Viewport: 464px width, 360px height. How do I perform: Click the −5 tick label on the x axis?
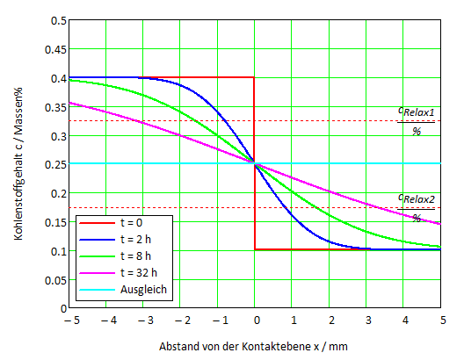[69, 321]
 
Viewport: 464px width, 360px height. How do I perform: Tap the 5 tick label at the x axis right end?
[441, 321]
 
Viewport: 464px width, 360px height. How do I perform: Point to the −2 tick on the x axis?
[179, 321]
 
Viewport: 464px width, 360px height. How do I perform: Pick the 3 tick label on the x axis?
[367, 321]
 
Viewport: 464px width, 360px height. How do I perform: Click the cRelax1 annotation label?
[417, 112]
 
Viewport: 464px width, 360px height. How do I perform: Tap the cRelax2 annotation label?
[417, 198]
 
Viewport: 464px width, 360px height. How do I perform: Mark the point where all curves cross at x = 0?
[255, 163]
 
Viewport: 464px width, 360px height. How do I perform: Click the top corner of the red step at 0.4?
[255, 77]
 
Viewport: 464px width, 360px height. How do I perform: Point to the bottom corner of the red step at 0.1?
[255, 249]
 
